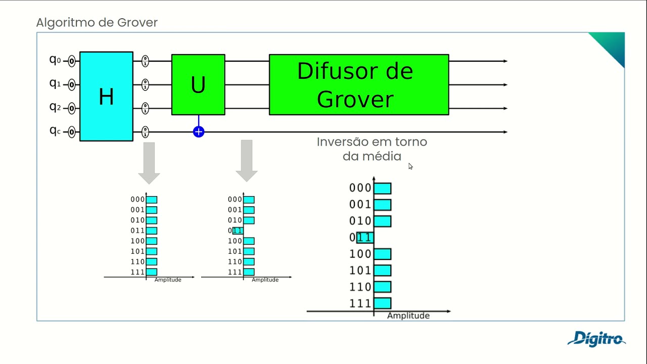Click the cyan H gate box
click(x=106, y=96)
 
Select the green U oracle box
click(x=198, y=84)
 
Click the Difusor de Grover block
click(x=358, y=84)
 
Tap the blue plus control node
click(x=199, y=132)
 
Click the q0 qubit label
click(x=55, y=60)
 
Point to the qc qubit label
click(x=55, y=130)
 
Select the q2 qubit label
click(x=55, y=107)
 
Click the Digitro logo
click(x=596, y=339)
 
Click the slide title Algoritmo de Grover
click(x=97, y=23)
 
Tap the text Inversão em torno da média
click(x=372, y=149)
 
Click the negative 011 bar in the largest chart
click(x=365, y=238)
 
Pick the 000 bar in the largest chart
click(x=383, y=188)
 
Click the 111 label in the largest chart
click(x=360, y=303)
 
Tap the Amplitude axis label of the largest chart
click(x=408, y=315)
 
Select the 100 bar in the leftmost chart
click(x=152, y=241)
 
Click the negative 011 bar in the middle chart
click(x=238, y=231)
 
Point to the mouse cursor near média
click(x=410, y=166)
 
